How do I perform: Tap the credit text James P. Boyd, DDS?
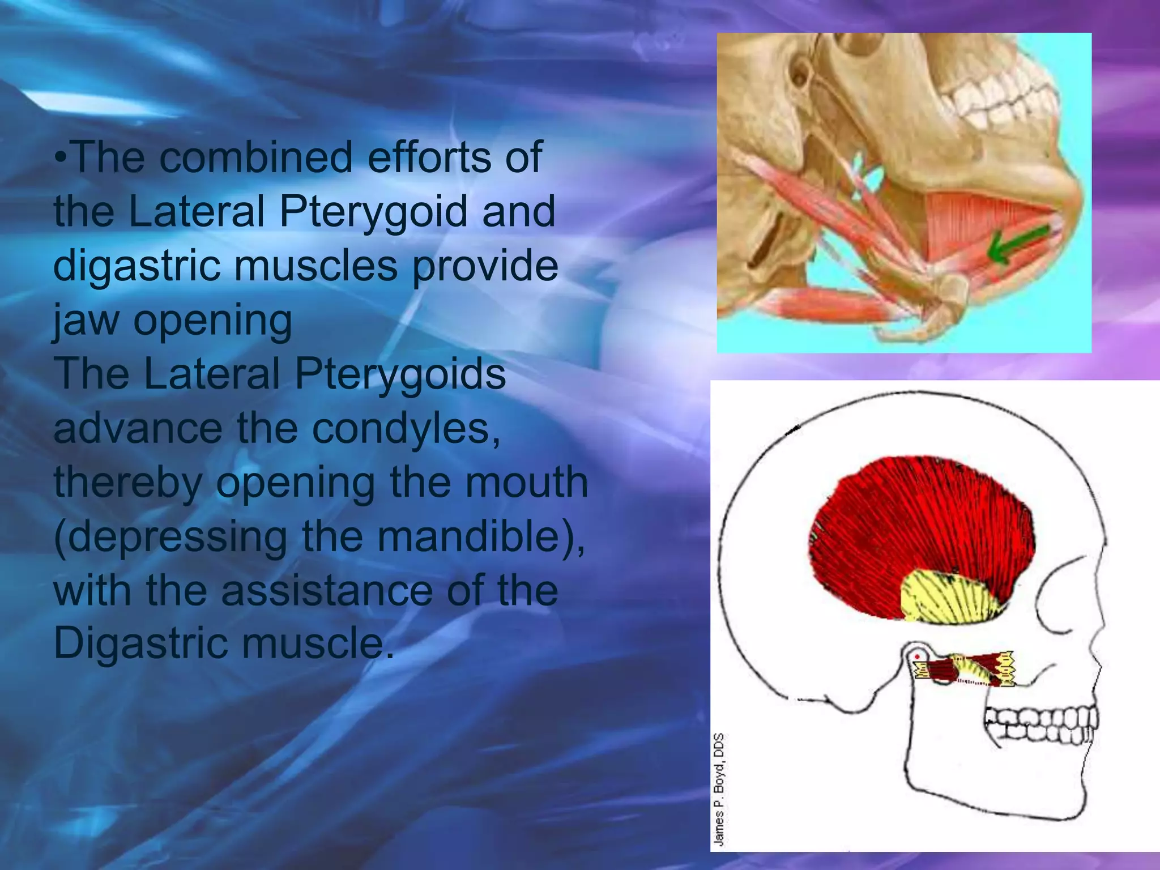tap(718, 790)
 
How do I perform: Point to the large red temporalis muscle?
tap(923, 527)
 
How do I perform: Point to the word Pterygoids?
tap(399, 374)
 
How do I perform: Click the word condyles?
tap(406, 428)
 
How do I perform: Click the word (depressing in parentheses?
tap(170, 537)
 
